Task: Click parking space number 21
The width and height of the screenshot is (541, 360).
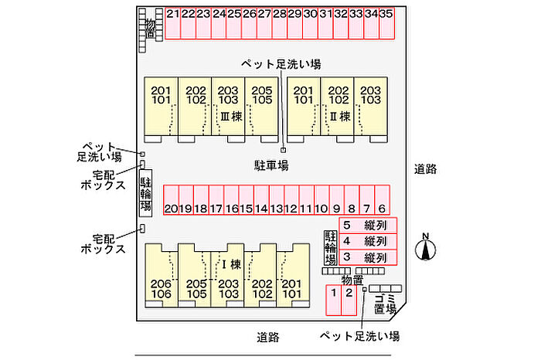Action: point(172,22)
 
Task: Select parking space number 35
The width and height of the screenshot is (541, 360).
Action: point(386,22)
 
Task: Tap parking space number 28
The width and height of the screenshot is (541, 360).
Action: point(279,22)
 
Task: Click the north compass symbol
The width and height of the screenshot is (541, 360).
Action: point(426,248)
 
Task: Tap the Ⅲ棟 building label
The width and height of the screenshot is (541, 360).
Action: point(231,117)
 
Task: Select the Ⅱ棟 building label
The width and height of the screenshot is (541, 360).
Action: point(341,117)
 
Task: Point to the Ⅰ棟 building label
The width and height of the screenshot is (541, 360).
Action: point(231,264)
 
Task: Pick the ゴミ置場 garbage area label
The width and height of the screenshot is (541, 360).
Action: point(384,304)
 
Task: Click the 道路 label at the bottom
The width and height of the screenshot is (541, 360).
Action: point(268,338)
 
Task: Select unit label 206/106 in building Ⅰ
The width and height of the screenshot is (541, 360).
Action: point(162,288)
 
